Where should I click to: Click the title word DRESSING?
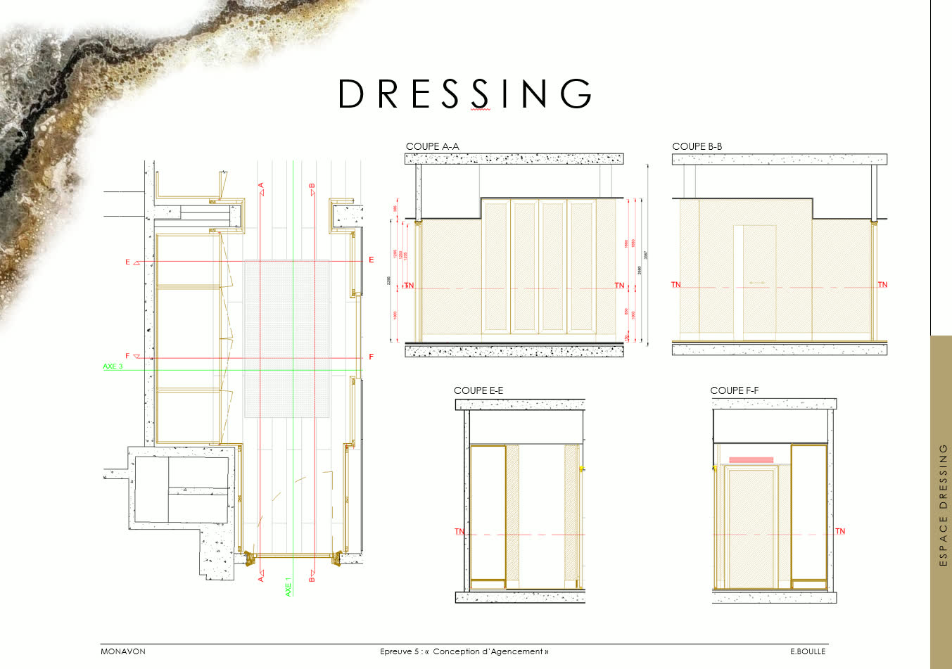465,94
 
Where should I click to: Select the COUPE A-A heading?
432,146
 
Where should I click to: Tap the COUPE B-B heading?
697,146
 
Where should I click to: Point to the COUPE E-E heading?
478,390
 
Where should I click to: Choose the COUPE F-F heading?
734,390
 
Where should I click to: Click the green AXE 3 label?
113,367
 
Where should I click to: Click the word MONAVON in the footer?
123,651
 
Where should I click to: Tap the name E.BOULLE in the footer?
808,651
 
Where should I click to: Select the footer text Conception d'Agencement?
490,651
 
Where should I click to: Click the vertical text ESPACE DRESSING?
944,504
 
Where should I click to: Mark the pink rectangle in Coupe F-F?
751,460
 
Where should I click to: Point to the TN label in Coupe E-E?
459,531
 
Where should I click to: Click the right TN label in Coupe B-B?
882,285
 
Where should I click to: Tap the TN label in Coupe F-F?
840,531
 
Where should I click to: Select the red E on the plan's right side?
372,260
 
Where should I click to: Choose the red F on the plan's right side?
372,357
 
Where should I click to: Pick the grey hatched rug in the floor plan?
286,338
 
